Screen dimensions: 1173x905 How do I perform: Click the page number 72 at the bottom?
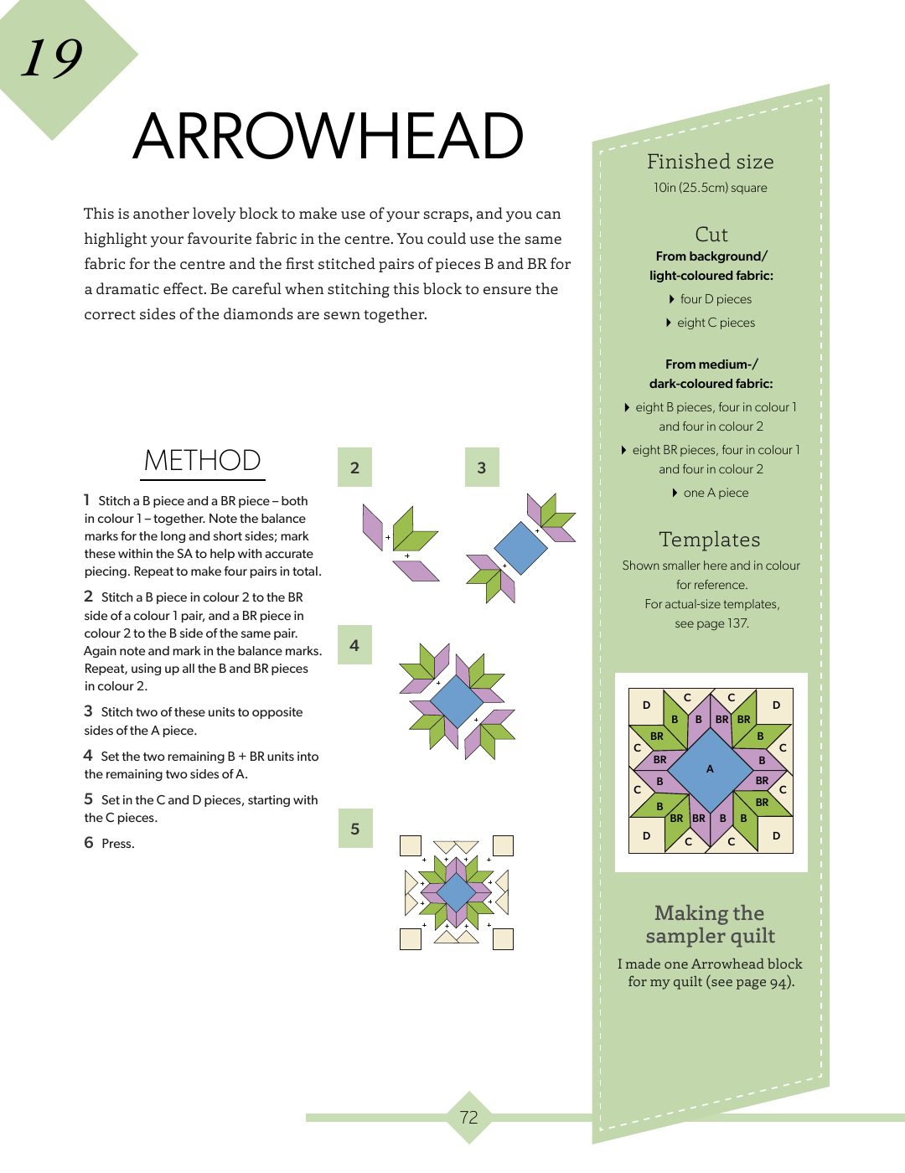(468, 1117)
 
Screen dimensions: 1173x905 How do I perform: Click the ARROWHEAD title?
(328, 136)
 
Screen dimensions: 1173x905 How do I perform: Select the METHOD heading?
(202, 461)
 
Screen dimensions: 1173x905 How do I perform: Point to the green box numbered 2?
(354, 468)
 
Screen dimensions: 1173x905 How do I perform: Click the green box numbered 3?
(482, 468)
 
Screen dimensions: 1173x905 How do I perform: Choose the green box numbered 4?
(354, 645)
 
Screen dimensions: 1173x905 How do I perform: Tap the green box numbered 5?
(354, 829)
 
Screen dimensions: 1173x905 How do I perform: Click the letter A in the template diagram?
(710, 769)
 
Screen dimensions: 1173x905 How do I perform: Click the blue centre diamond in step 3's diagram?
(520, 548)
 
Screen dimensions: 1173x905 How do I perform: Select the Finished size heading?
(710, 162)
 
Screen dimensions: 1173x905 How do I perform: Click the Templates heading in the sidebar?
(710, 540)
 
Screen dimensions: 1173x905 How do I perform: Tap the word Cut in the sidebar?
(711, 235)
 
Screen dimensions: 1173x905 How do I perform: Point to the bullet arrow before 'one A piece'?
(675, 493)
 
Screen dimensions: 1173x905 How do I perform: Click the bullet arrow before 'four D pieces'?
(672, 299)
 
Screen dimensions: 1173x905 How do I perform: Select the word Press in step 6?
(117, 844)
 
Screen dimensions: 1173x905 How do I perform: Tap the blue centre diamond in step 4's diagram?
(456, 701)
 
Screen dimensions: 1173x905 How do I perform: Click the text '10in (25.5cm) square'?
(711, 188)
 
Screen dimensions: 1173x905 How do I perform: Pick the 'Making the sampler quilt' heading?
(710, 924)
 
